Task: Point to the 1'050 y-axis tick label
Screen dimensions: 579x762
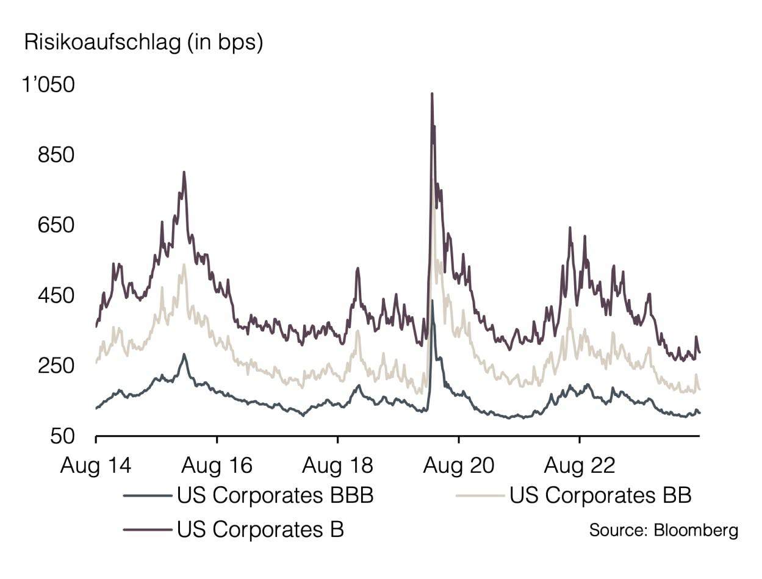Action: tap(48, 85)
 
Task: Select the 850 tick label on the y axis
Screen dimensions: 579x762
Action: tap(56, 155)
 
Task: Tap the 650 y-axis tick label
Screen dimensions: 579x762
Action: tap(56, 225)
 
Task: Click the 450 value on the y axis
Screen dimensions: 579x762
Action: tap(56, 295)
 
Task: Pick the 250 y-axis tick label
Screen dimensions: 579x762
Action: tap(56, 366)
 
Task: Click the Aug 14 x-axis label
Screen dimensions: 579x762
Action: tap(96, 466)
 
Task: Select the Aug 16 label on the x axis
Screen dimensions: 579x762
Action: tap(217, 466)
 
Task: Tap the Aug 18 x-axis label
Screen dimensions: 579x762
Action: tap(337, 466)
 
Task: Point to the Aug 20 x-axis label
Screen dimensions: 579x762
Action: tap(458, 466)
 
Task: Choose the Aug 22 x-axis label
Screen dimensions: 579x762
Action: tap(579, 466)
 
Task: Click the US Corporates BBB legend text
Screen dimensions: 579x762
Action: tap(275, 495)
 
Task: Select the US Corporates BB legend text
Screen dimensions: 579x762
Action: tap(600, 495)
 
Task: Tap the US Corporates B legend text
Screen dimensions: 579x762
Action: tap(261, 528)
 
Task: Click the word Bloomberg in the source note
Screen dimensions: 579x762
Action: tap(696, 530)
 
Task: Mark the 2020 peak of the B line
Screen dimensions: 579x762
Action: tap(432, 94)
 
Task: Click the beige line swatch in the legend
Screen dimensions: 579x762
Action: tap(481, 495)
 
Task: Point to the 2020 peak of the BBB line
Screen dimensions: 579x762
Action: tap(432, 301)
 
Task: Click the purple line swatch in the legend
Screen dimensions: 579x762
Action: tap(148, 529)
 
